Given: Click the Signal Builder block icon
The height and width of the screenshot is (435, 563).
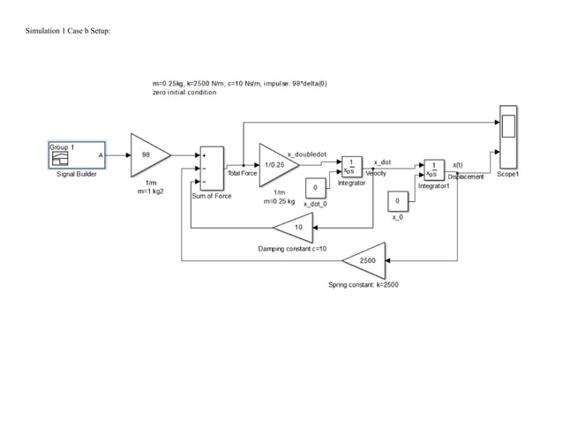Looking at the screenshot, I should pyautogui.click(x=76, y=154).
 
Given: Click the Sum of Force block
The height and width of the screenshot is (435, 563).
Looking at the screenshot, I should pyautogui.click(x=211, y=167).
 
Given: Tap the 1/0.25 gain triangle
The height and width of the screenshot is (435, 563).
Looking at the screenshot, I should pyautogui.click(x=275, y=164).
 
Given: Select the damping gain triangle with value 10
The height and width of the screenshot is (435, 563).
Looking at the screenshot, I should pyautogui.click(x=297, y=227).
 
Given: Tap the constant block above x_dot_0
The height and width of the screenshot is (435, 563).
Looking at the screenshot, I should pyautogui.click(x=315, y=188).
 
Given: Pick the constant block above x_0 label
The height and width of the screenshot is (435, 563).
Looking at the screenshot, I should pyautogui.click(x=397, y=202).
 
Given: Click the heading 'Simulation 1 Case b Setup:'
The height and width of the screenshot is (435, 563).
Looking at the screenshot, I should pyautogui.click(x=62, y=32).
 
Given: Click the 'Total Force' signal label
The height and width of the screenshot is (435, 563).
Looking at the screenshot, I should pyautogui.click(x=242, y=174).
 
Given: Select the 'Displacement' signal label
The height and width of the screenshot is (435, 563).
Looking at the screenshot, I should pyautogui.click(x=465, y=176).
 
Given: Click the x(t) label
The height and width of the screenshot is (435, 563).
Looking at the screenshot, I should pyautogui.click(x=459, y=164).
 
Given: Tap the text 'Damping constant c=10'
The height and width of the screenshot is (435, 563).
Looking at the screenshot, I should pyautogui.click(x=292, y=249).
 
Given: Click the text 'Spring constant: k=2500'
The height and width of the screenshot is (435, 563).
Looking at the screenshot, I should pyautogui.click(x=364, y=285).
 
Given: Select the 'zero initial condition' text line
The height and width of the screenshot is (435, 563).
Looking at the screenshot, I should pyautogui.click(x=184, y=93).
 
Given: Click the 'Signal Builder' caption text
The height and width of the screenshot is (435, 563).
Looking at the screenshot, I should pyautogui.click(x=76, y=175).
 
